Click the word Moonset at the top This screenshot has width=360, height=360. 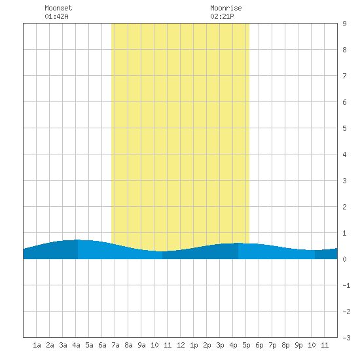tap(58, 8)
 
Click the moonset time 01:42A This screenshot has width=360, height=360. tap(56, 16)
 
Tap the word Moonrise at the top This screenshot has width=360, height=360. tap(226, 8)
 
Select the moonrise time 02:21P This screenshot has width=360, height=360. tap(222, 16)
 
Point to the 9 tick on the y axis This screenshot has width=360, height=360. tap(344, 24)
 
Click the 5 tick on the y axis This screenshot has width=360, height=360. tap(344, 128)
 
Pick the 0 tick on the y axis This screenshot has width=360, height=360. tap(344, 259)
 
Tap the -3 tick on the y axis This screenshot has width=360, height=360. tap(346, 338)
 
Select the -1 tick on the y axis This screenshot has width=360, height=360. tap(346, 285)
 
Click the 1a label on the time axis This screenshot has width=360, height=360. tap(37, 345)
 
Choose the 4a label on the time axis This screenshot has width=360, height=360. tap(76, 345)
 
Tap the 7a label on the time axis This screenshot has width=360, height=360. tap(115, 345)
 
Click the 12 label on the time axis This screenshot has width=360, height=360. tap(181, 345)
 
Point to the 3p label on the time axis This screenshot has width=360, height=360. tap(220, 345)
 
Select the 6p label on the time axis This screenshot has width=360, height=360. tap(259, 345)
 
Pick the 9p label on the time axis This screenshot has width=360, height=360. tap(298, 345)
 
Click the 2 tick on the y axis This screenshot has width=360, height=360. tap(344, 207)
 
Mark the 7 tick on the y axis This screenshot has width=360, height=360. tap(344, 76)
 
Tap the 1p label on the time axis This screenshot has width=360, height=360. tap(194, 345)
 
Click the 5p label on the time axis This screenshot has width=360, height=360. tap(246, 345)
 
